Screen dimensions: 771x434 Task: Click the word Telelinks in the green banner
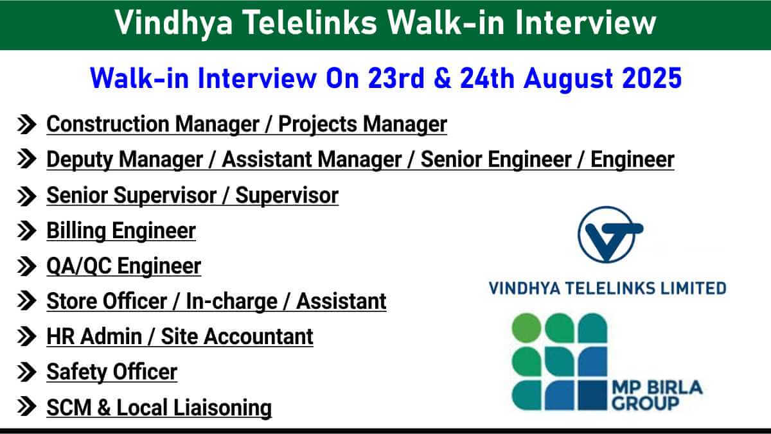pyautogui.click(x=311, y=22)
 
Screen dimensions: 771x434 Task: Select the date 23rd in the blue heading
pyautogui.click(x=396, y=78)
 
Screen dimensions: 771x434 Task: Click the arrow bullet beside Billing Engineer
pyautogui.click(x=26, y=230)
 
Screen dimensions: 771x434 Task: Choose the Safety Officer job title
pyautogui.click(x=112, y=372)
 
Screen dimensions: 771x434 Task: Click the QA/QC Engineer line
pyautogui.click(x=123, y=266)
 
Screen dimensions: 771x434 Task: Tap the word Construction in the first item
pyautogui.click(x=107, y=124)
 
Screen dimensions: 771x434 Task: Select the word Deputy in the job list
pyautogui.click(x=80, y=161)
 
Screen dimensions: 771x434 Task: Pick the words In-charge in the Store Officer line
pyautogui.click(x=232, y=302)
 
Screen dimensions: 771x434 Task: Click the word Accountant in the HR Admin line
pyautogui.click(x=258, y=336)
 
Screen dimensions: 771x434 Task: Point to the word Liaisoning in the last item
pyautogui.click(x=222, y=408)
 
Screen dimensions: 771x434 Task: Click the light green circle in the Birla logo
pyautogui.click(x=526, y=327)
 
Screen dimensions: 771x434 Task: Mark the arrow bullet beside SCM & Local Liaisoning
pyautogui.click(x=26, y=406)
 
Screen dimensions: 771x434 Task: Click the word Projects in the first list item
pyautogui.click(x=317, y=125)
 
